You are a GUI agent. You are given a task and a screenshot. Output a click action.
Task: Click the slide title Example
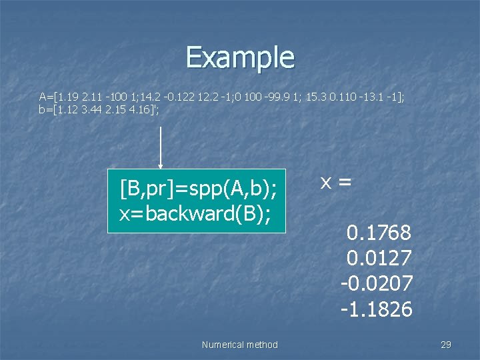pos(240,57)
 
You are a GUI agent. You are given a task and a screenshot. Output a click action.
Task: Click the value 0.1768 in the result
pos(379,233)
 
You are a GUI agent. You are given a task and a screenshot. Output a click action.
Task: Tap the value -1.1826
pos(377,309)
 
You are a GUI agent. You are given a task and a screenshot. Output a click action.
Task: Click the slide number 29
pos(446,345)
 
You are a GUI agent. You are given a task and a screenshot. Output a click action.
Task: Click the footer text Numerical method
pos(239,345)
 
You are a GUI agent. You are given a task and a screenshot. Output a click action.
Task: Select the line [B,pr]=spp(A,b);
pos(197,189)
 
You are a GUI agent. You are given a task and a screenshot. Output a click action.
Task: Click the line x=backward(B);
pos(195,214)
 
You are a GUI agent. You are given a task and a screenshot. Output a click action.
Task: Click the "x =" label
pos(335,181)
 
